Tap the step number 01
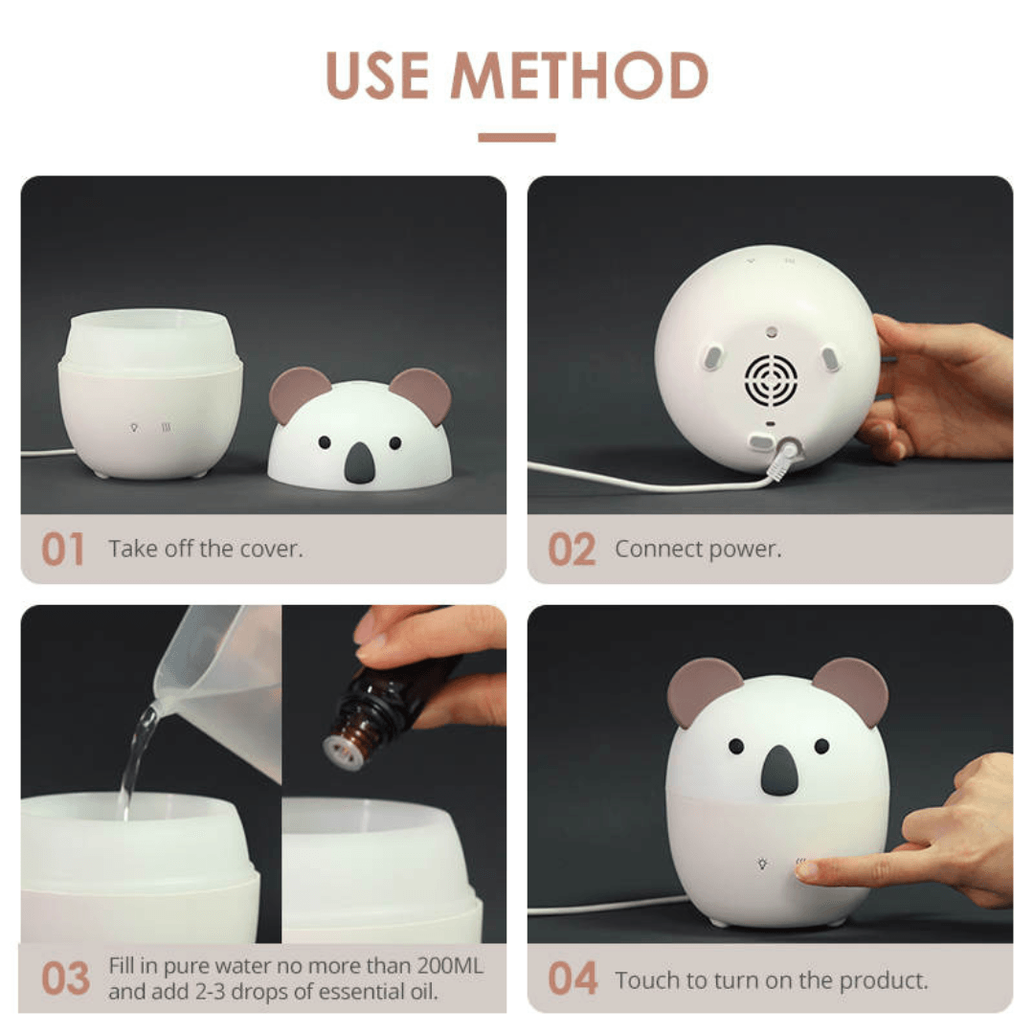tap(62, 551)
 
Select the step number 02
tap(572, 551)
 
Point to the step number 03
tap(65, 978)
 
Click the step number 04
tap(573, 978)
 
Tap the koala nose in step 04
tap(777, 769)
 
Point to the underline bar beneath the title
tap(516, 138)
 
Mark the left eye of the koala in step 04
tap(735, 745)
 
